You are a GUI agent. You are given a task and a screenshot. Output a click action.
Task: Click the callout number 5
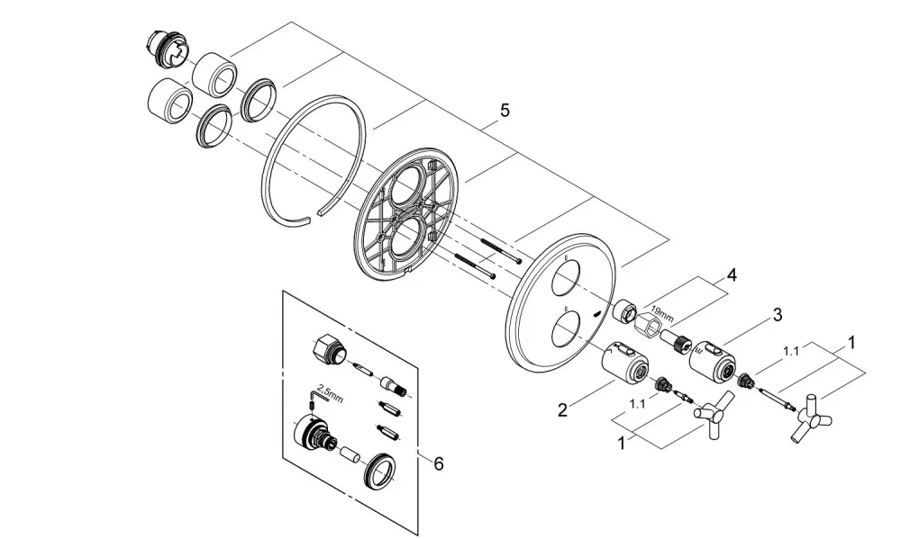pyautogui.click(x=505, y=110)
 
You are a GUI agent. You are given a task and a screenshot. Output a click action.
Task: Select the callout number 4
pyautogui.click(x=731, y=275)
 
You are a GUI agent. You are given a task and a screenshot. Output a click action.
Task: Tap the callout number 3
pyautogui.click(x=777, y=315)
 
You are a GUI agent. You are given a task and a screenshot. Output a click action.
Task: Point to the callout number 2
pyautogui.click(x=562, y=409)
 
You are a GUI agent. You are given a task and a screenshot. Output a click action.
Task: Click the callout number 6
pyautogui.click(x=439, y=463)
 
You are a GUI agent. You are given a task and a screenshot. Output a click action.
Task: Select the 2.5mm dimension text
pyautogui.click(x=330, y=396)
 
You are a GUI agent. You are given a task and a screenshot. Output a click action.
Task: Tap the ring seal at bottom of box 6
pyautogui.click(x=379, y=471)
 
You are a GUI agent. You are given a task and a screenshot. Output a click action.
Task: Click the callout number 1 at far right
pyautogui.click(x=851, y=343)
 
